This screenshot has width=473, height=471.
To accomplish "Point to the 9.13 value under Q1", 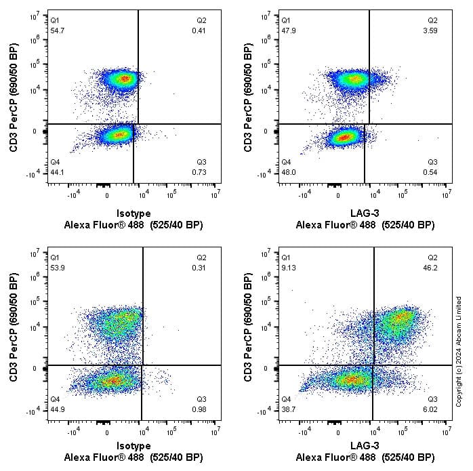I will click(x=289, y=267).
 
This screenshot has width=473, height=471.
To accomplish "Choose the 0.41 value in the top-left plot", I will click(x=200, y=32).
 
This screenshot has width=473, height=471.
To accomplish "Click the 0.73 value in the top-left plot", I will click(x=200, y=172).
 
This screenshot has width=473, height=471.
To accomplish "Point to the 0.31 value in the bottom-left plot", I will click(x=200, y=268).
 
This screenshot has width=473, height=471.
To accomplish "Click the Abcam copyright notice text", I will click(x=459, y=351).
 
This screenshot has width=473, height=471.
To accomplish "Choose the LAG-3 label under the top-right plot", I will click(x=365, y=212).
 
